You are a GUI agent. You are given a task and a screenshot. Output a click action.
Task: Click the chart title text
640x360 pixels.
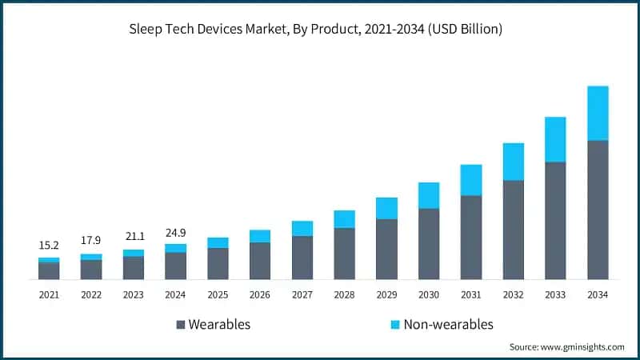coord(320,30)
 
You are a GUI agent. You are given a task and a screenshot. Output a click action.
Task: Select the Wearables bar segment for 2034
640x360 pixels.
coord(598,210)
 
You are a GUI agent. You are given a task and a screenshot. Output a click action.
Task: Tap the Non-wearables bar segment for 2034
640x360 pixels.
coord(598,113)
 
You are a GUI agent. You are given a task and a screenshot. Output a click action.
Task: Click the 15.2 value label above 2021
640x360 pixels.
coord(49,246)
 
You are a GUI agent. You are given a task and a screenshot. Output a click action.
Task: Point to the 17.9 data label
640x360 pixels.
coord(91,241)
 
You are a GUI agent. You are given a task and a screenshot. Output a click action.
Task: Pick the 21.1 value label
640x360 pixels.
coord(134,237)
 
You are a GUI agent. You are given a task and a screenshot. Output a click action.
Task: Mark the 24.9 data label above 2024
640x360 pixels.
coord(175,232)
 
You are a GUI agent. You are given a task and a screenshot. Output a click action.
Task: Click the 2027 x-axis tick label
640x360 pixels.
coord(302,295)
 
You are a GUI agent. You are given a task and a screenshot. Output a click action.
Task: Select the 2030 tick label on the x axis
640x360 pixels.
coord(429,295)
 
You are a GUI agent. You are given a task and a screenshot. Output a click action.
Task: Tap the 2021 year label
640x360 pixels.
coord(49,295)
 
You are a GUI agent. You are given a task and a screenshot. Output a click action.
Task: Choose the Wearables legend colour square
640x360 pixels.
coord(180,325)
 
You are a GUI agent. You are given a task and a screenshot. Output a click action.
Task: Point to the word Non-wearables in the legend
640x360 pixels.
coord(448,324)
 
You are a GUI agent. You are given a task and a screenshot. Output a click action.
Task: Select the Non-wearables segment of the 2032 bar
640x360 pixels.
coord(513,162)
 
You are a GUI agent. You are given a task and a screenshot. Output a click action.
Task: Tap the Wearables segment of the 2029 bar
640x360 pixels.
coord(386,249)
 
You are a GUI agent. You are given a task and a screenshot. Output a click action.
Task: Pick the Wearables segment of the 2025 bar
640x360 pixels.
coord(218,263)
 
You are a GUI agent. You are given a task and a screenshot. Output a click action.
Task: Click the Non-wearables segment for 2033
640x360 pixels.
coord(555,139)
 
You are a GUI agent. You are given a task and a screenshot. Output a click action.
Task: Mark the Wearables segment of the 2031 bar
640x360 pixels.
coord(471,238)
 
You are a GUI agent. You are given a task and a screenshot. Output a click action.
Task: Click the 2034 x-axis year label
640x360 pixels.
coord(598,295)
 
